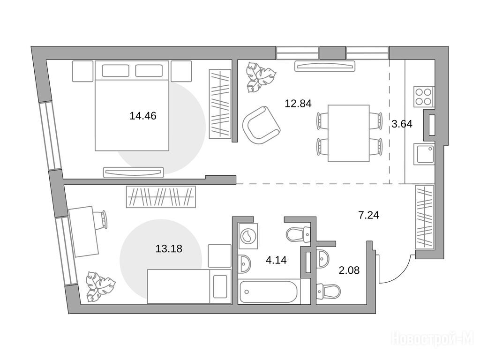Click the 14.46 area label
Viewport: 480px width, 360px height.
143,116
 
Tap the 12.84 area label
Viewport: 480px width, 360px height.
298,104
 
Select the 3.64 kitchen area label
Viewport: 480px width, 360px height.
402,124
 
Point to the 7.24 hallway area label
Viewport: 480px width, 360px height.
368,215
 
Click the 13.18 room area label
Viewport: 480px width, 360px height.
169,248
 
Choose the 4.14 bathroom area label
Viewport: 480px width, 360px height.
276,260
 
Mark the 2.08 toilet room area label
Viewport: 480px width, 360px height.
349,270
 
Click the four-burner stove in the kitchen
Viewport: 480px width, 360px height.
424,97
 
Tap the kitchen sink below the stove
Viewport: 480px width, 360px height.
424,154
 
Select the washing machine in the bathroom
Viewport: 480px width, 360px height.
248,236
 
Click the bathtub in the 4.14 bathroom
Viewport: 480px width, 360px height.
269,292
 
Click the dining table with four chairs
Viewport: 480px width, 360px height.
349,133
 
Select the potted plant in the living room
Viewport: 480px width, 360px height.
261,77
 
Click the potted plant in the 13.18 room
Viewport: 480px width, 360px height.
101,286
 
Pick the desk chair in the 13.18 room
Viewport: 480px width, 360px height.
102,219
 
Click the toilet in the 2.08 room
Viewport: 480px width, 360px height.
328,291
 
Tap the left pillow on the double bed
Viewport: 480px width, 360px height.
115,71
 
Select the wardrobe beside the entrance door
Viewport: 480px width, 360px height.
425,217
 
